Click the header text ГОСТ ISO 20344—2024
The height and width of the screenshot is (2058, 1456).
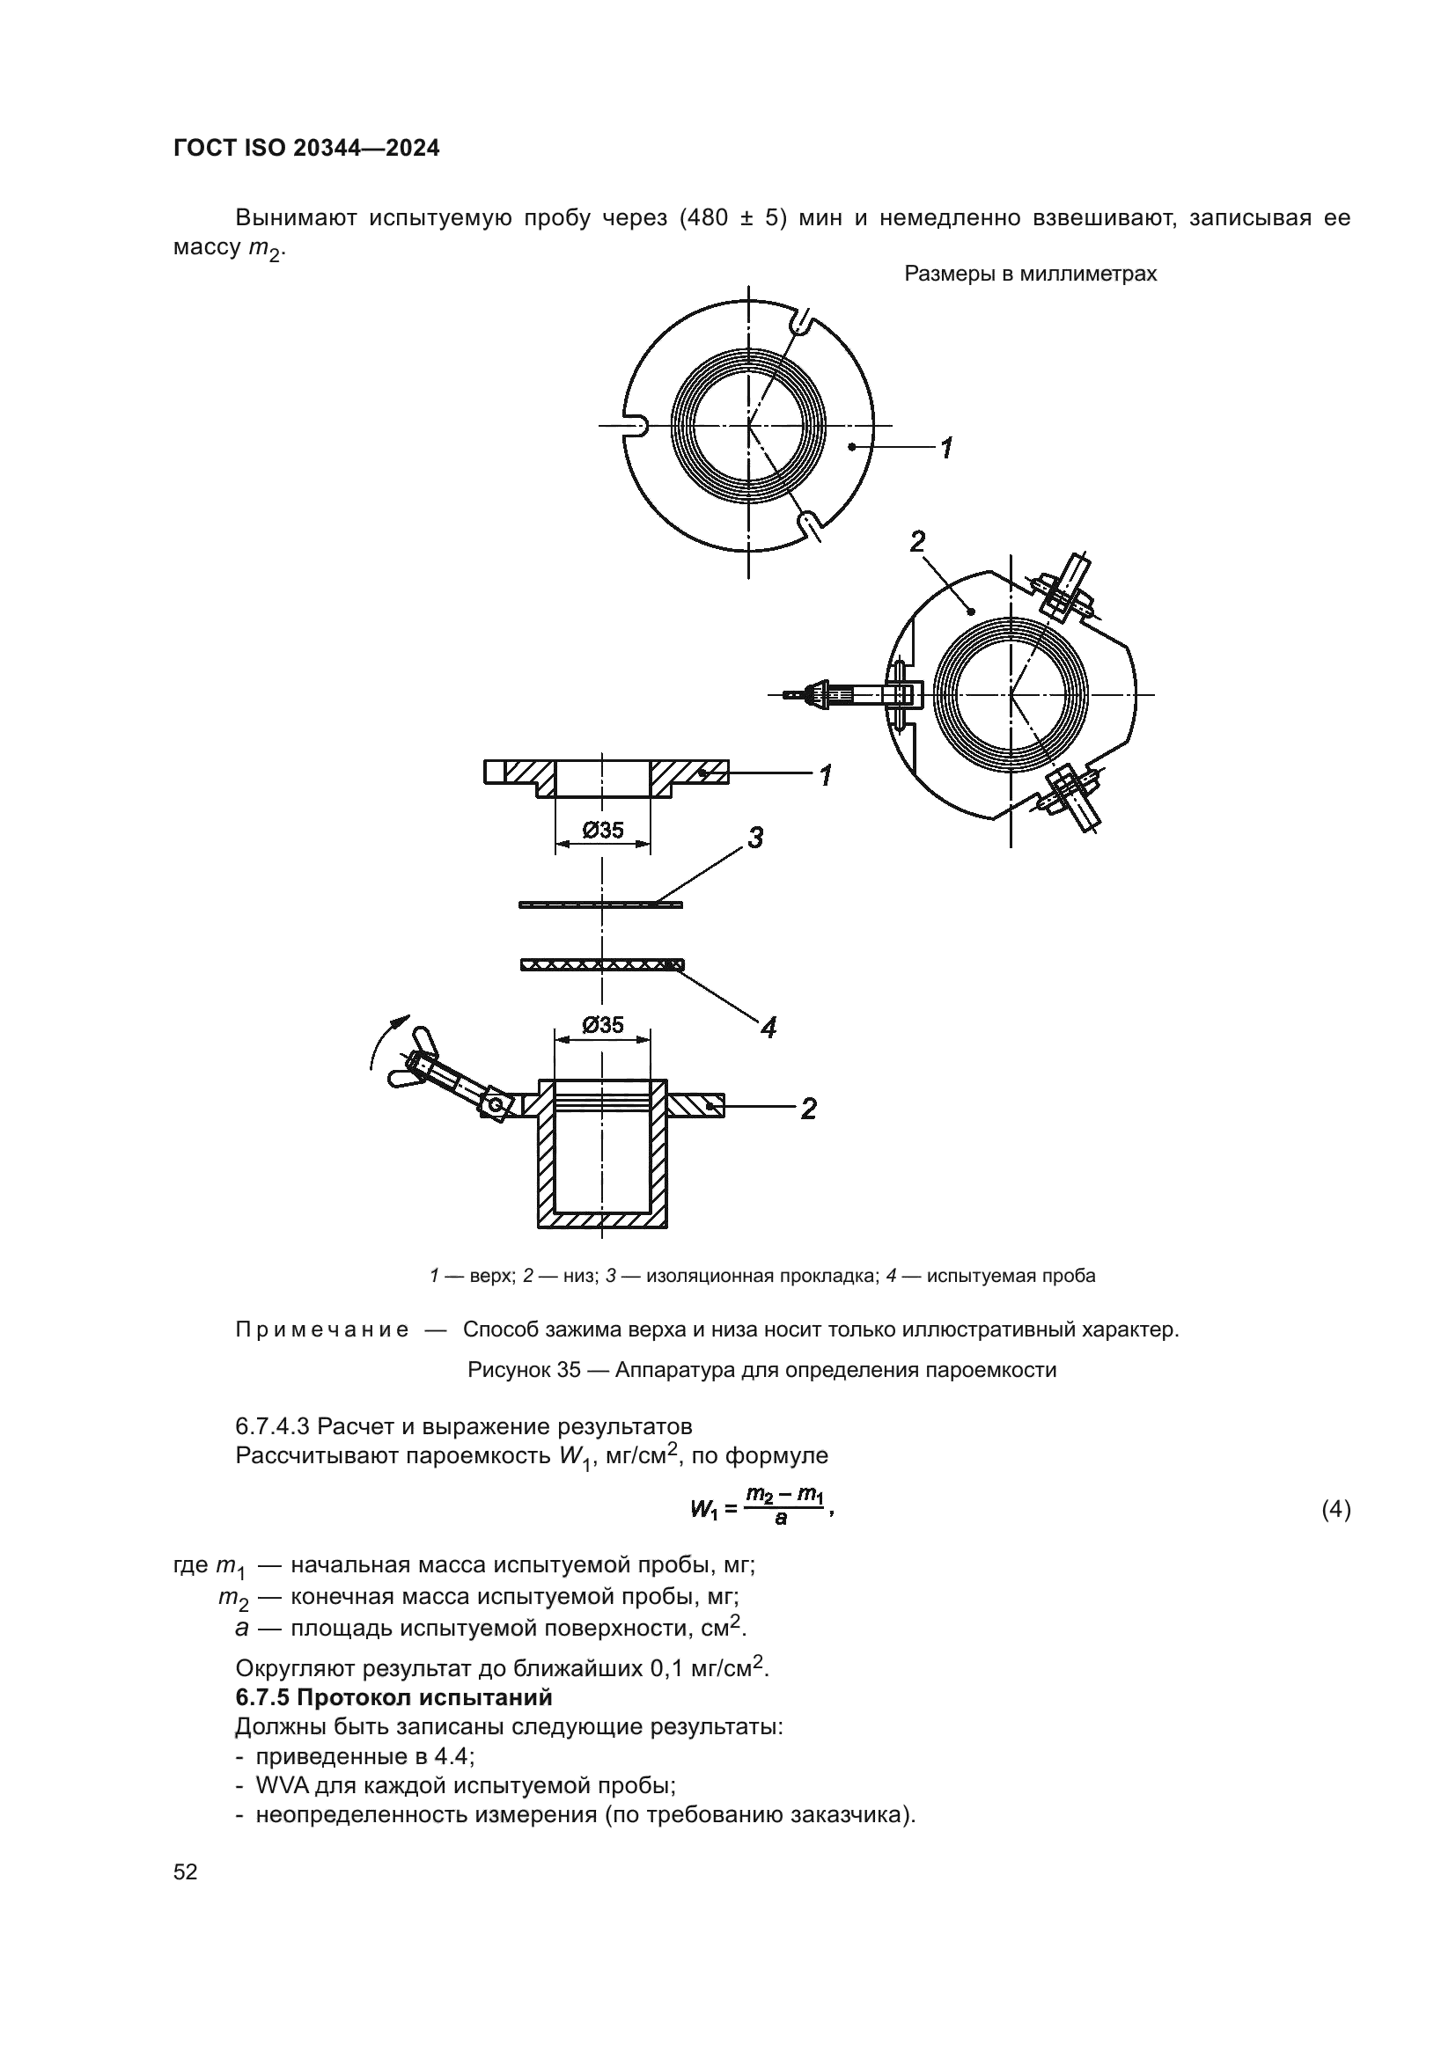[305, 149]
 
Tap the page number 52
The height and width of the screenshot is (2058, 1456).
[186, 1871]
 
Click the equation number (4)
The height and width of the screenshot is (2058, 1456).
[1336, 1511]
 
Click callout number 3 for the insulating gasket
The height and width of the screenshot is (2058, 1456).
[755, 839]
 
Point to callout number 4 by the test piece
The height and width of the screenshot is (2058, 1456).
[768, 1027]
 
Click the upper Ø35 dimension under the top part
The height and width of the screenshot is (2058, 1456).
[602, 830]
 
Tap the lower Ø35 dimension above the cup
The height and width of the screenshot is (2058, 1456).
[602, 1024]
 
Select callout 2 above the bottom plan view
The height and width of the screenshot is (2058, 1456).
[917, 541]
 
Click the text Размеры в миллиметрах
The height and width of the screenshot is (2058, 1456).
[1030, 275]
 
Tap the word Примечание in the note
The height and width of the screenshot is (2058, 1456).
[322, 1329]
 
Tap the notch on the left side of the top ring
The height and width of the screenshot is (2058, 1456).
[634, 426]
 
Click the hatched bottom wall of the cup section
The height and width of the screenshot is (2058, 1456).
[601, 1219]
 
